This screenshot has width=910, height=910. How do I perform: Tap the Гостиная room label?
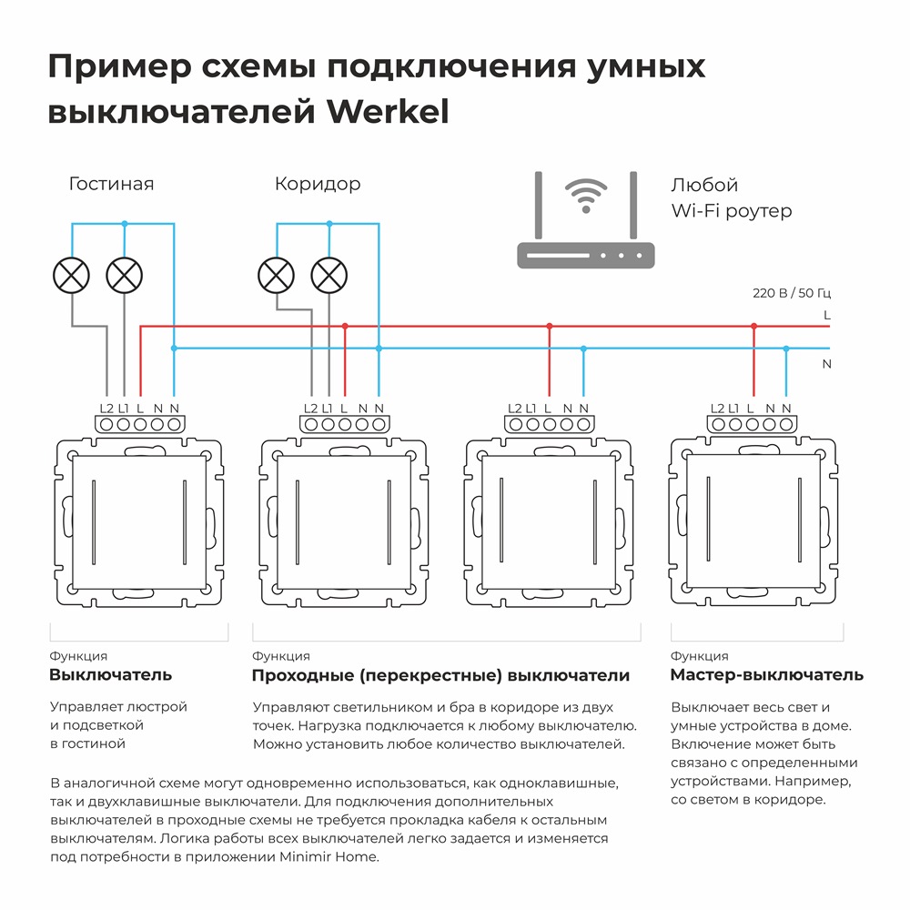pyautogui.click(x=111, y=184)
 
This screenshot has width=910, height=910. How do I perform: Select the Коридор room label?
pyautogui.click(x=318, y=184)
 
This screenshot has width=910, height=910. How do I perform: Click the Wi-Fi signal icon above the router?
pyautogui.click(x=585, y=194)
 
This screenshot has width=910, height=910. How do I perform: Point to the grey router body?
pyautogui.click(x=586, y=255)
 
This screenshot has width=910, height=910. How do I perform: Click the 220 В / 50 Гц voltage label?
pyautogui.click(x=792, y=293)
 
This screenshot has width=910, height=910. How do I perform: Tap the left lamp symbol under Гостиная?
pyautogui.click(x=72, y=275)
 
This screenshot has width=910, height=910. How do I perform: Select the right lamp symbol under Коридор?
pyautogui.click(x=329, y=275)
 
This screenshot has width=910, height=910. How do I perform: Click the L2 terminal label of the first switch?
pyautogui.click(x=106, y=409)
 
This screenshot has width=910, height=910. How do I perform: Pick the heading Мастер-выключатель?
pyautogui.click(x=766, y=675)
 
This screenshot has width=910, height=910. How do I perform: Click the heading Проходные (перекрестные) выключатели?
pyautogui.click(x=440, y=675)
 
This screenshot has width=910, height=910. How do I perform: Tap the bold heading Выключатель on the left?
pyautogui.click(x=110, y=675)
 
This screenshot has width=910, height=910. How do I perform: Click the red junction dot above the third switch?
pyautogui.click(x=550, y=326)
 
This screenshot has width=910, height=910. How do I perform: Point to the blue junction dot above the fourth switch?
pyautogui.click(x=787, y=348)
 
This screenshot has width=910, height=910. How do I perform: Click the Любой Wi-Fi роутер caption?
pyautogui.click(x=731, y=197)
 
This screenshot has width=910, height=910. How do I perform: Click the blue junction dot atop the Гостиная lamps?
pyautogui.click(x=125, y=223)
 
